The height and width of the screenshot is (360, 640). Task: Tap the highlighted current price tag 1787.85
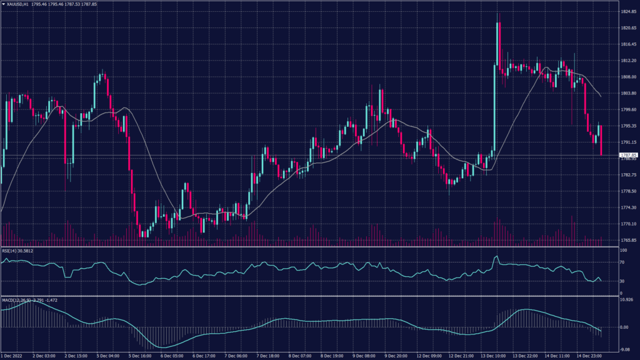(627, 154)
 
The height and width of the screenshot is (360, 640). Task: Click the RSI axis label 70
(622, 264)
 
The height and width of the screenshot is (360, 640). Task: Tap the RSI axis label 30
(622, 281)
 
